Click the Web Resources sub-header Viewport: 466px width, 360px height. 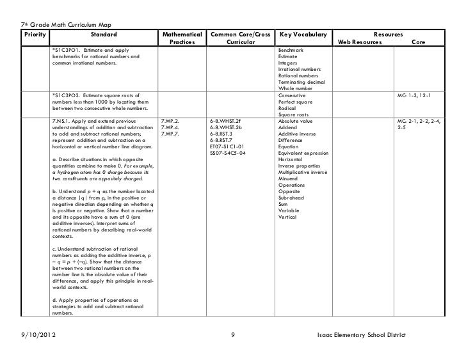[x=360, y=42]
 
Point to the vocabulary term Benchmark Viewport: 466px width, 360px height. [x=291, y=50]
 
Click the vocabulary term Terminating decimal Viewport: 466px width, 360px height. [x=301, y=82]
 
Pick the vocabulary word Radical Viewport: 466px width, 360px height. [x=288, y=109]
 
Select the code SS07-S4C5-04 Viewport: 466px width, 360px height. [x=227, y=153]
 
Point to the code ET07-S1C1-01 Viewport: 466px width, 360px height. [x=227, y=146]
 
